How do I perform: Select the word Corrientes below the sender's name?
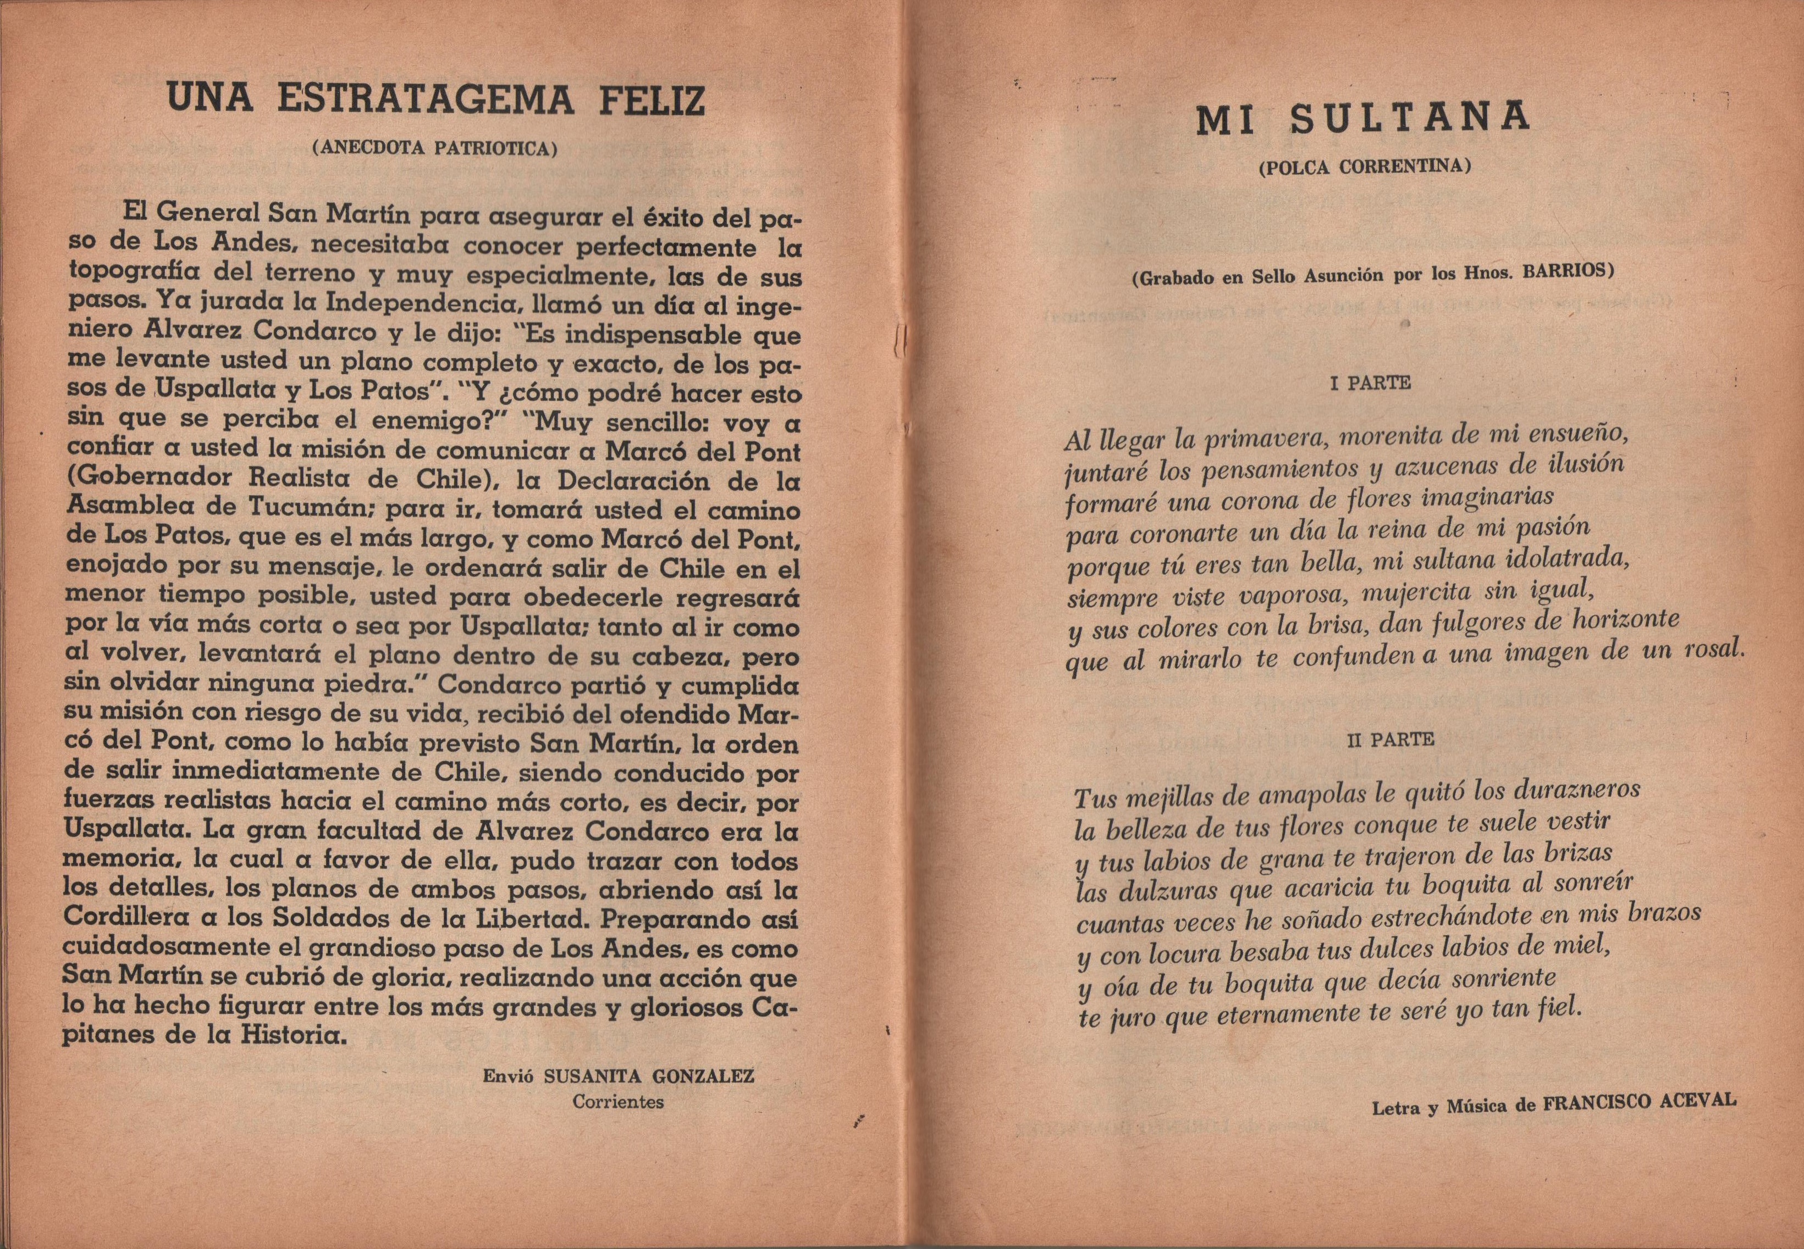coord(618,1102)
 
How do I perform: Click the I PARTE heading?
coord(1370,384)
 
